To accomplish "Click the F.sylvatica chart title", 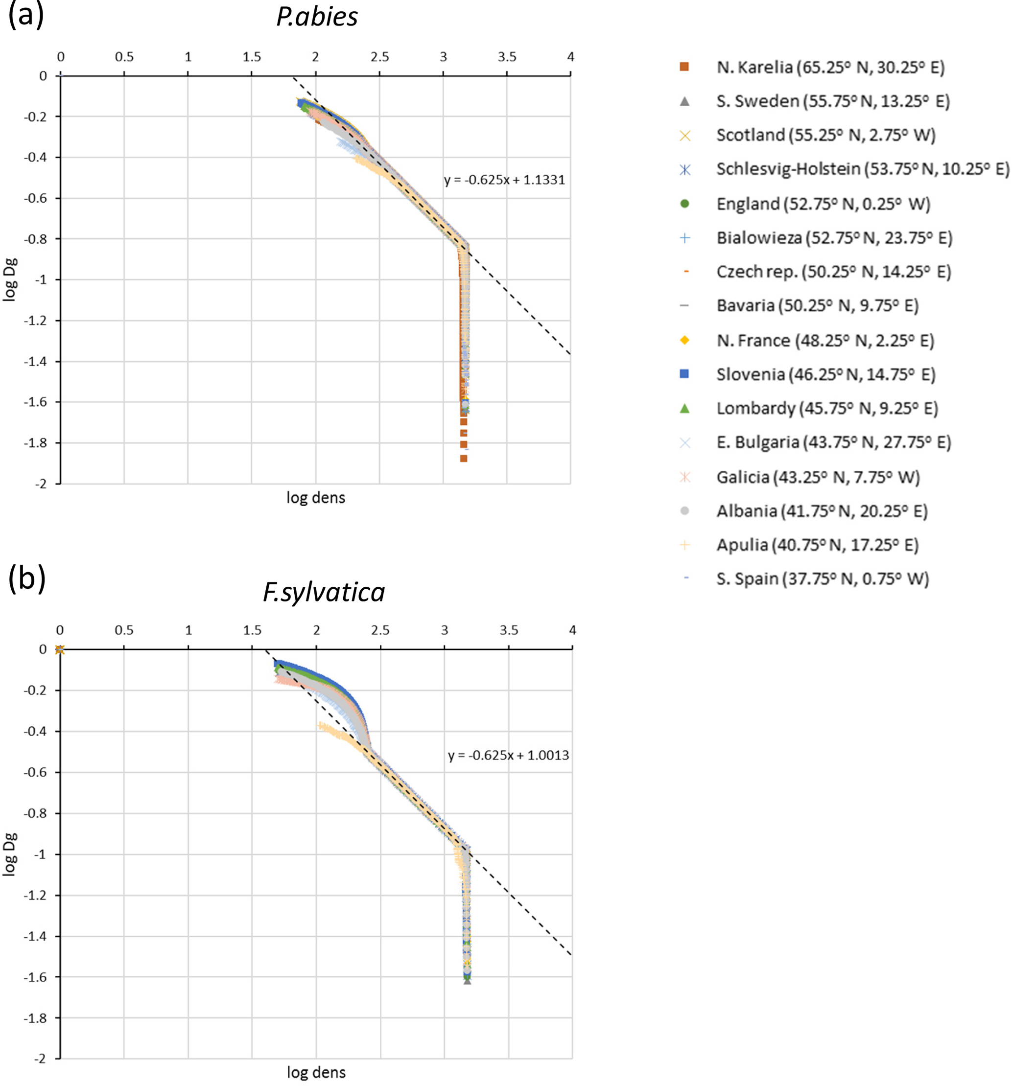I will pos(324,592).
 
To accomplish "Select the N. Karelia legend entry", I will pos(829,67).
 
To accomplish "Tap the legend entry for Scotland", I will pos(825,135).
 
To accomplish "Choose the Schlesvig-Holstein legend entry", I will pos(862,169).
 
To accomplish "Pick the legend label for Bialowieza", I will pos(834,238).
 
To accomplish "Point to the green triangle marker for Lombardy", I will pos(684,408).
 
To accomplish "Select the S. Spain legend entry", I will pos(822,578).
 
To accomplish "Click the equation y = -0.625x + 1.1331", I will pos(504,180).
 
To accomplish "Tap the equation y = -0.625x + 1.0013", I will pos(508,755).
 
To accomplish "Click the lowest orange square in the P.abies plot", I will pos(463,458).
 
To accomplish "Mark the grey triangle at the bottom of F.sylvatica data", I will pos(467,981).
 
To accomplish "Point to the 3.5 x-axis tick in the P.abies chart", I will pos(507,57).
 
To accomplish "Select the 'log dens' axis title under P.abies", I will pos(316,498).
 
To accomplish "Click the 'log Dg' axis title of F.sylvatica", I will pos(10,855).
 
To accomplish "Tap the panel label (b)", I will pos(26,578).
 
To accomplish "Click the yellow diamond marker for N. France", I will pos(684,340).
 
